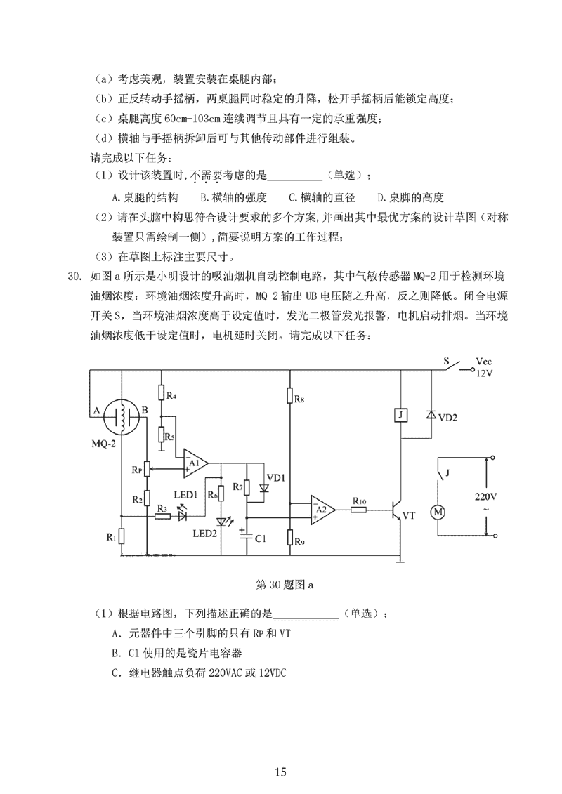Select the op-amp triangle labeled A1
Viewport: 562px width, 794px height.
pyautogui.click(x=195, y=463)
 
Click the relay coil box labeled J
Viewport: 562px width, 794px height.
pyautogui.click(x=400, y=416)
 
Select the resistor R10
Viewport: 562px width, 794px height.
pyautogui.click(x=358, y=508)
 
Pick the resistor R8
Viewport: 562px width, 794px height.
pyautogui.click(x=290, y=398)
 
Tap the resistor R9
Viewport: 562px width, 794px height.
pyautogui.click(x=290, y=539)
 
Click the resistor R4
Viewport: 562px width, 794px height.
pyautogui.click(x=161, y=392)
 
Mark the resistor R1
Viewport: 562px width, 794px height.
pyautogui.click(x=121, y=537)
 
